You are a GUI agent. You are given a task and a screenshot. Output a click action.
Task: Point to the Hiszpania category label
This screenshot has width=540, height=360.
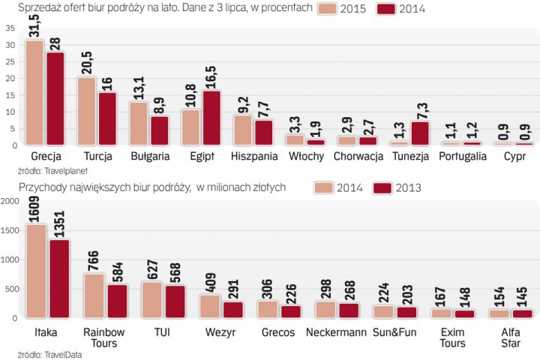point(253,157)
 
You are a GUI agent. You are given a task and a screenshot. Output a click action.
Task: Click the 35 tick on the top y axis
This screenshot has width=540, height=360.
point(10,28)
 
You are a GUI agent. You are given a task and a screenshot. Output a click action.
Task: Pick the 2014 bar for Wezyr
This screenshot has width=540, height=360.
point(210,306)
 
